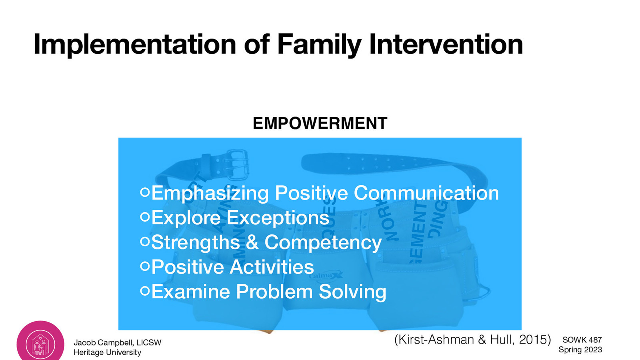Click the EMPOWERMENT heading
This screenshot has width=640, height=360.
click(x=320, y=123)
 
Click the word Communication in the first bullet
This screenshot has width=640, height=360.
click(x=426, y=193)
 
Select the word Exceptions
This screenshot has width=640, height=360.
click(x=278, y=218)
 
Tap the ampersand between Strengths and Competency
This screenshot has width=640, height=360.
click(x=252, y=242)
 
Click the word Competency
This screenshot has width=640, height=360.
click(x=323, y=243)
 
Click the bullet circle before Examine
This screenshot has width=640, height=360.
click(x=145, y=291)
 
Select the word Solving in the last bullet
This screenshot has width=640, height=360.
click(x=352, y=292)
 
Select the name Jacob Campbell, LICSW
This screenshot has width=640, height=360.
click(x=117, y=342)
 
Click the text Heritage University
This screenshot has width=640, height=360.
click(x=107, y=352)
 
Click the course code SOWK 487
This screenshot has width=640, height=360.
click(x=582, y=340)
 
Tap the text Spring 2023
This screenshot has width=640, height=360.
click(x=580, y=350)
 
